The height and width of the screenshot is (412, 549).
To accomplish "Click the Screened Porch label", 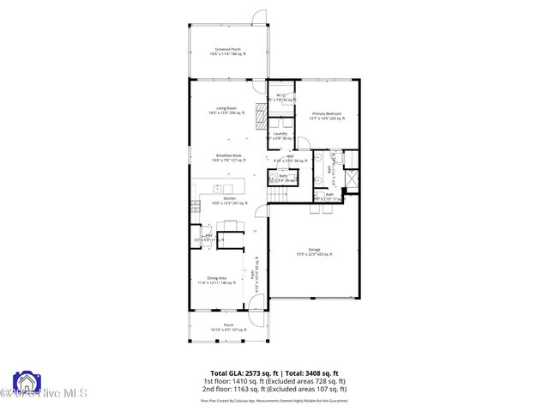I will pos(227,51).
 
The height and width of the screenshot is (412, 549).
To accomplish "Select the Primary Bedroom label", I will pos(328,116).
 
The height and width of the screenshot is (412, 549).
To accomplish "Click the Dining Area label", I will pos(212,280).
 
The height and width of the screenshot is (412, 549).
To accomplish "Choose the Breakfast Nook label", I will pos(227,157).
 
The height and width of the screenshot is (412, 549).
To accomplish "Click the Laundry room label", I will pos(280,136).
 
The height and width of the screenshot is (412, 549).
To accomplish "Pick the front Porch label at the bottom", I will pos(228,327).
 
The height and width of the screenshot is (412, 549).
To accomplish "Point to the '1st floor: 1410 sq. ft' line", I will pos(274,380).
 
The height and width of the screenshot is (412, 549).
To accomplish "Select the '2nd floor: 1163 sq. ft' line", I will pos(274,389).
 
